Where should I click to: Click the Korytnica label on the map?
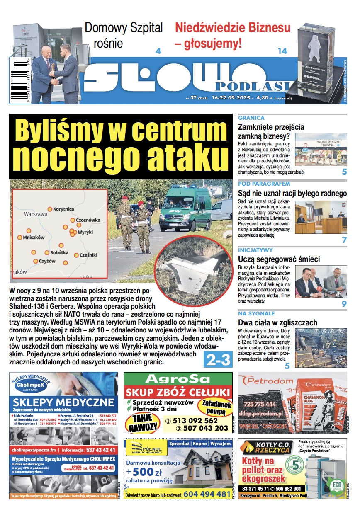[63, 209]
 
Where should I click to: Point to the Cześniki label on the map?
[88, 255]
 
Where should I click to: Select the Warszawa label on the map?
[36, 215]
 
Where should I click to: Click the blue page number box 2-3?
[217, 359]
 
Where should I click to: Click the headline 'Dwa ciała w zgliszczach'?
[277, 322]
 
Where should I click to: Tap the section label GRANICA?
[251, 118]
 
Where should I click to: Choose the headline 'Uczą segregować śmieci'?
[279, 259]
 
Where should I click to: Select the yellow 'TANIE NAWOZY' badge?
[143, 422]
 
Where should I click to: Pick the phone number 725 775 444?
[260, 404]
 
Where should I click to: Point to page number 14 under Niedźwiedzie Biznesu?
[282, 51]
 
